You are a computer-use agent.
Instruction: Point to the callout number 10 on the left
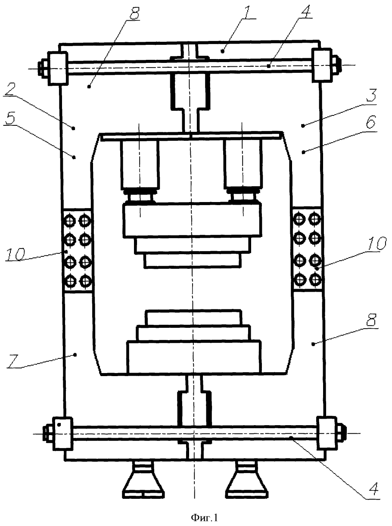pyautogui.click(x=16, y=254)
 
